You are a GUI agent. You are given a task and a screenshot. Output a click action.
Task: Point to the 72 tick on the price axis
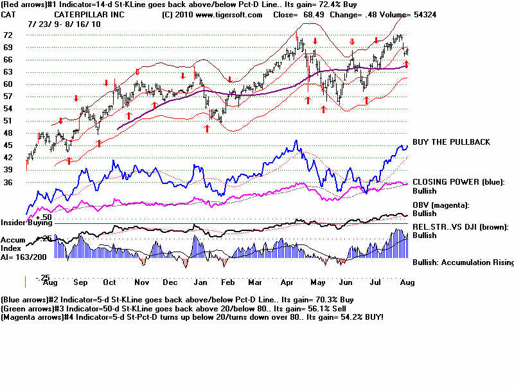[9, 35]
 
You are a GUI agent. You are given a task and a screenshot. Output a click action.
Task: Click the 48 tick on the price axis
[9, 133]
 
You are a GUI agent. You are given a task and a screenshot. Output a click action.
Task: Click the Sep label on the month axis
[80, 282]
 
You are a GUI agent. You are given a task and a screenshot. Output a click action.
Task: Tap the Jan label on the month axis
[200, 282]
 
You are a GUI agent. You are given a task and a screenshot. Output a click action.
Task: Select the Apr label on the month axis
[288, 282]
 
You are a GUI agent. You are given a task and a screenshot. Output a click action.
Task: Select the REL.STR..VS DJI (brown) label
[460, 226]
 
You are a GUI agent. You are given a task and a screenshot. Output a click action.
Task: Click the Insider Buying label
[25, 223]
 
